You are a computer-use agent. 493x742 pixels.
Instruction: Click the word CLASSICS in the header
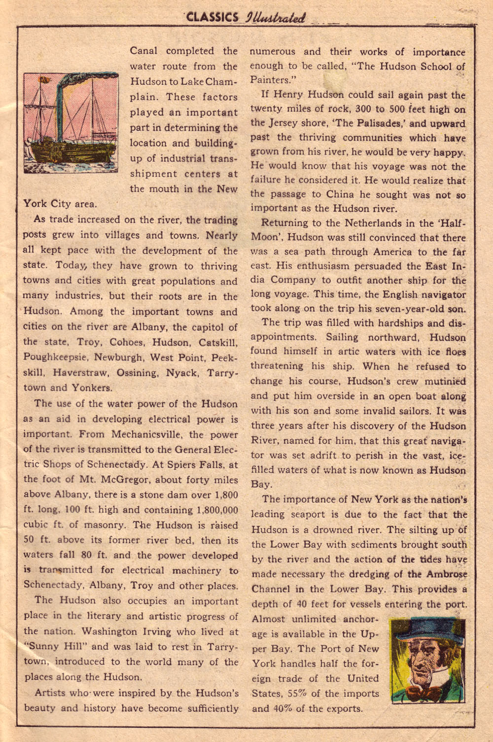pos(212,18)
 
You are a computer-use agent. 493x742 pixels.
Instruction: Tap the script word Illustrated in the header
pos(274,18)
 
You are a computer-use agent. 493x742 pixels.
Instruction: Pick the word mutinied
pos(445,381)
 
